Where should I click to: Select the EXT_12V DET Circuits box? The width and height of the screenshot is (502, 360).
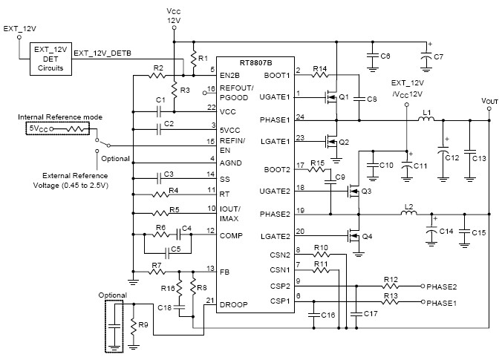(x=50, y=58)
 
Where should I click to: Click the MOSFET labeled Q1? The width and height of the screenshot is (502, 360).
(x=330, y=96)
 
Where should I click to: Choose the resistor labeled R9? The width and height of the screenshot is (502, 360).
(x=133, y=327)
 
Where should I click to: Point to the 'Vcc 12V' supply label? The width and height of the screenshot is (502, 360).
(x=172, y=16)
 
